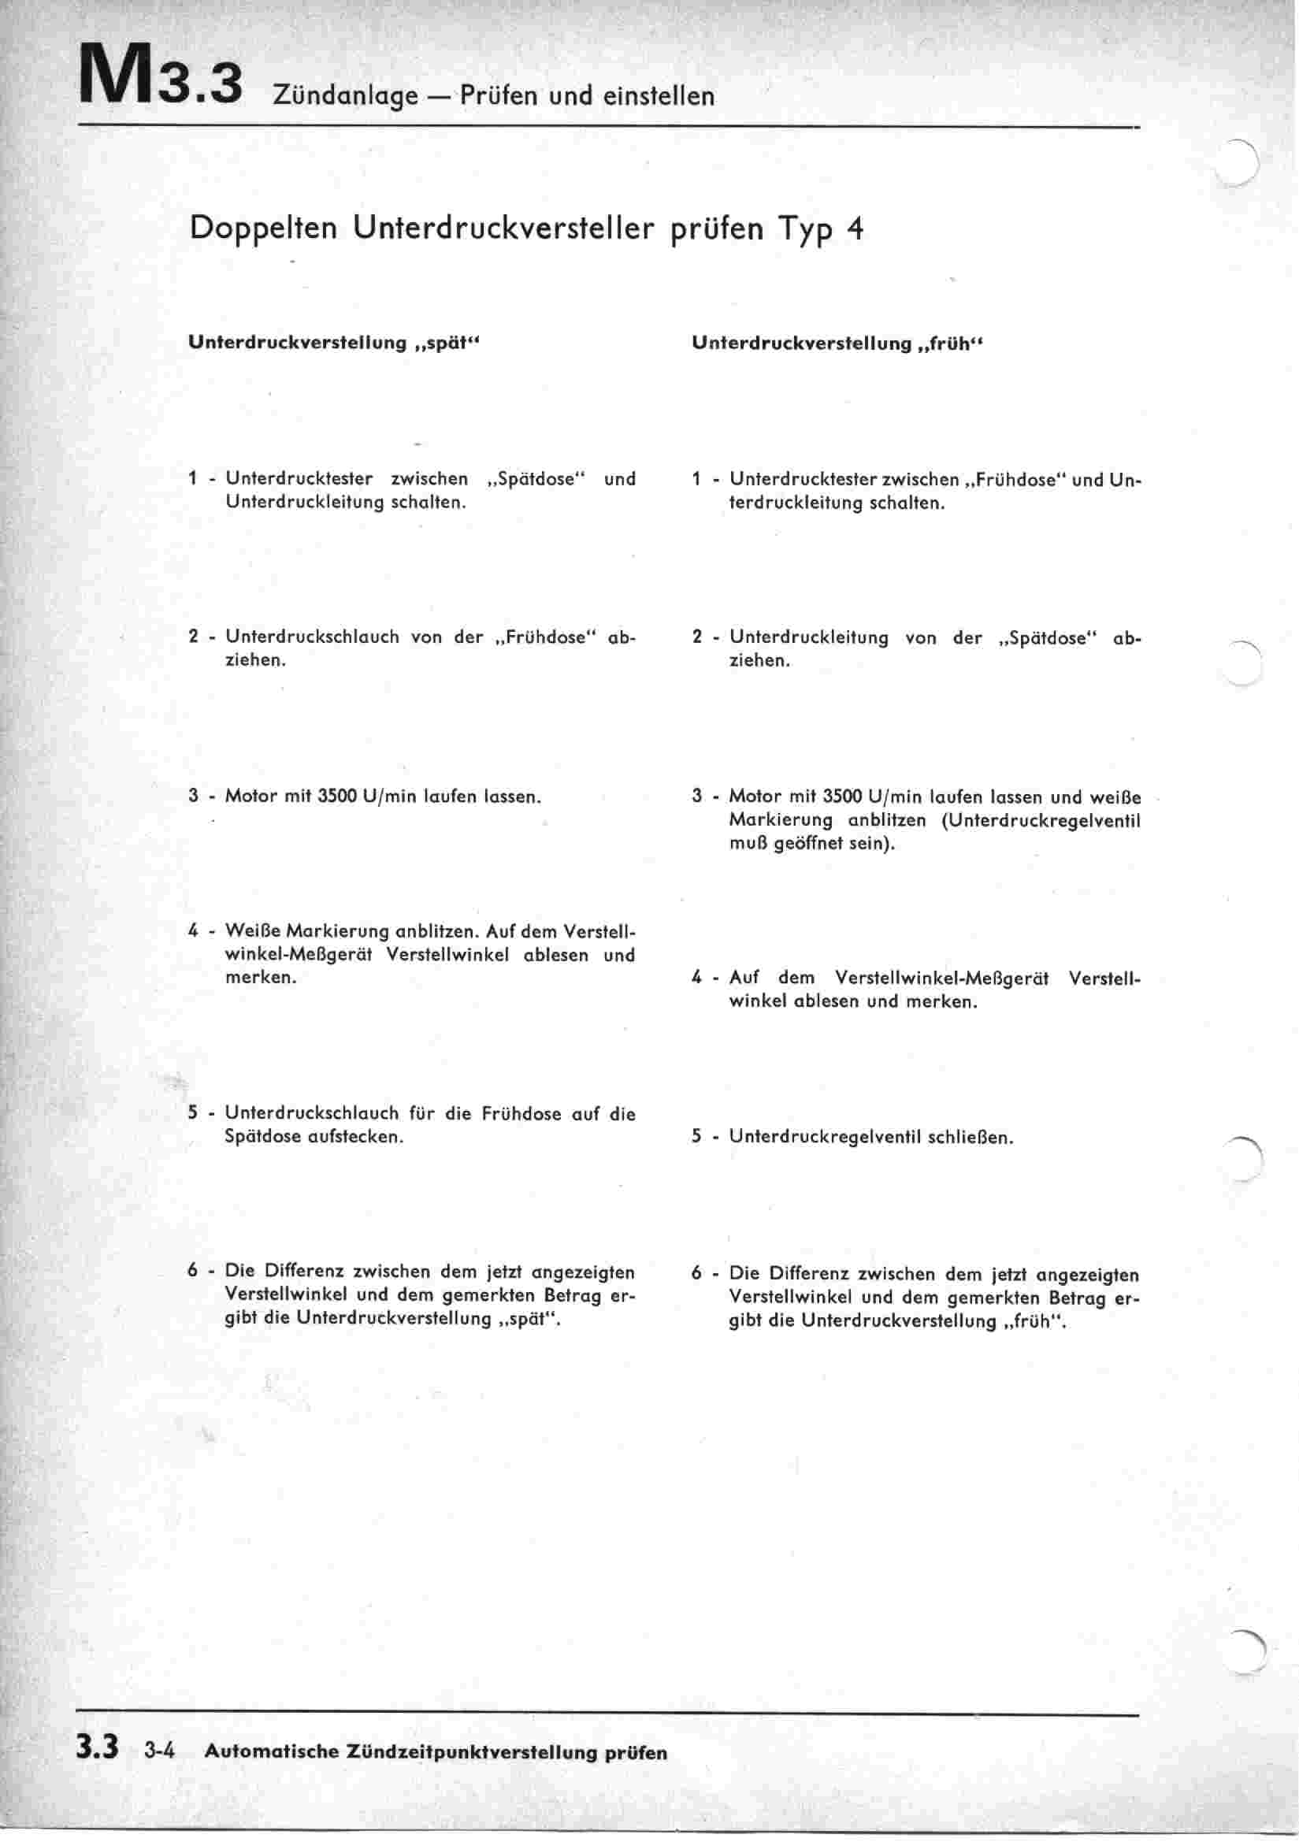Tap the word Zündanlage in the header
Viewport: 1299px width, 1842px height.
click(345, 97)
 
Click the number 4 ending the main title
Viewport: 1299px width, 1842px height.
click(855, 229)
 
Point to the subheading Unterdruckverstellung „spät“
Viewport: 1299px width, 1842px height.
click(334, 344)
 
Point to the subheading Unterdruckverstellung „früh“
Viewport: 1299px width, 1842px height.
click(837, 344)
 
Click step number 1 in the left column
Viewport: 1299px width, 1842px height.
click(192, 479)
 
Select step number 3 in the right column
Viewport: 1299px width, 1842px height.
click(696, 797)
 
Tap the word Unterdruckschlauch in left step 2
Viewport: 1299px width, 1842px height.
click(312, 638)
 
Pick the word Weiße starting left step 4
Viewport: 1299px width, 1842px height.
click(252, 931)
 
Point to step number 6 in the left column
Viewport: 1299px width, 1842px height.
click(192, 1272)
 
